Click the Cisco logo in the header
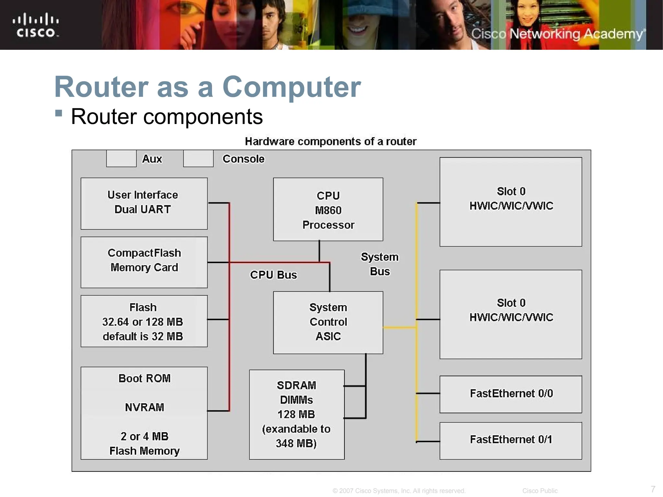(x=36, y=25)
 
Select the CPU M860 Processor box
(x=328, y=209)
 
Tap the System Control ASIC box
(x=328, y=322)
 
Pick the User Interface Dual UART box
(x=144, y=204)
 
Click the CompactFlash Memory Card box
(x=144, y=262)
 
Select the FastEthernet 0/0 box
(x=511, y=394)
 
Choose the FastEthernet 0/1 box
(x=511, y=440)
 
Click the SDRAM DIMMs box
(x=297, y=414)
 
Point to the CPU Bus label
(x=274, y=275)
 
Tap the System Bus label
(x=380, y=264)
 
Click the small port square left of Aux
(x=121, y=159)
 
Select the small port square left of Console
(x=198, y=159)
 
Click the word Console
(x=243, y=159)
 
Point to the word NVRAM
(x=144, y=407)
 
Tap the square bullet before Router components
(x=59, y=113)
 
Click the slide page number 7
(x=653, y=489)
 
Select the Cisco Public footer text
(x=540, y=491)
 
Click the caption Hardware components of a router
(x=331, y=141)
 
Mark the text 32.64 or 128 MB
(x=143, y=322)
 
